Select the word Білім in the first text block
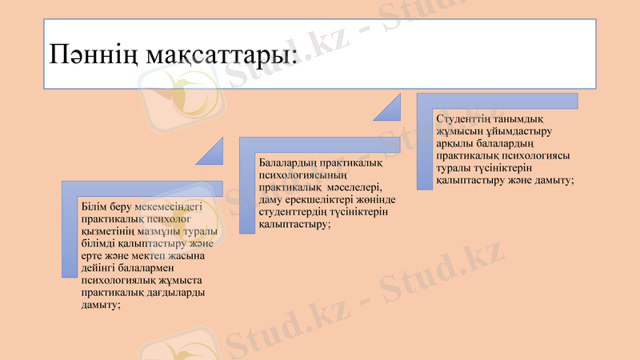click(94, 206)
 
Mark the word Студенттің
click(466, 118)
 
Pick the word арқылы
click(455, 143)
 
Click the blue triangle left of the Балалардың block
click(210, 150)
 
